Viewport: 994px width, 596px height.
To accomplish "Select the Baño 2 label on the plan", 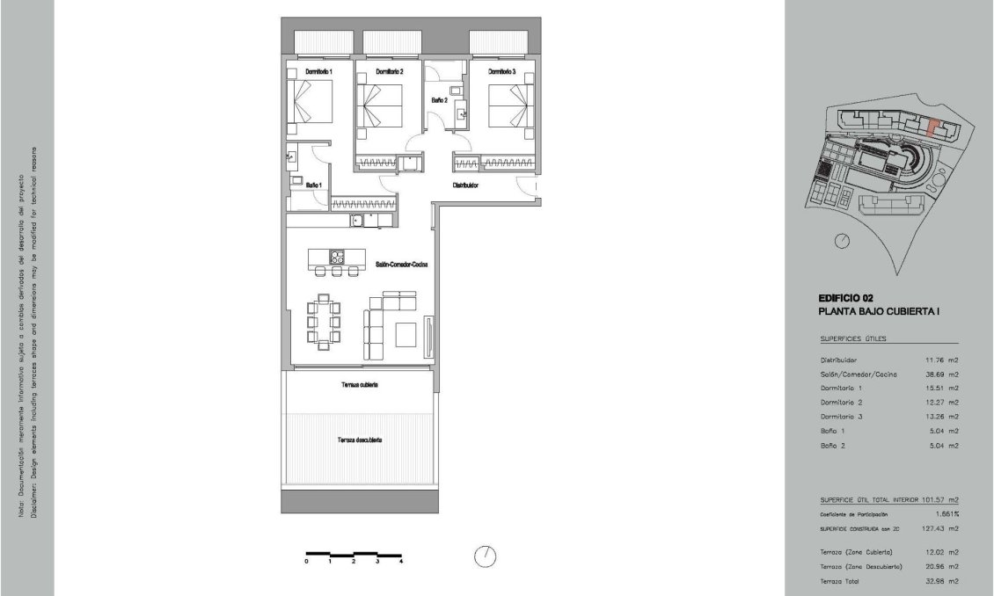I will (439, 101).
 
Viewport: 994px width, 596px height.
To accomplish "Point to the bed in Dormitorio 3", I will (509, 105).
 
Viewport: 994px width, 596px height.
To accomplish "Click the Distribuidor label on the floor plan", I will (465, 185).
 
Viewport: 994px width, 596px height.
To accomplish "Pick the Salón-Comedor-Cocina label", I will (401, 264).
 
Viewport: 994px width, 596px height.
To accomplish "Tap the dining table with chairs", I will (323, 322).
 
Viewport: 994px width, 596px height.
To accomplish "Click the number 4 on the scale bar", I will (401, 561).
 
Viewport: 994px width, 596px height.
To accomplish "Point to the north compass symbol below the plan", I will (485, 556).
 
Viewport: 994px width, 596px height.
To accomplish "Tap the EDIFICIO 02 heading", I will (845, 298).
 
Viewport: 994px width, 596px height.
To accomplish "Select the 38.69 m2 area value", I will (939, 374).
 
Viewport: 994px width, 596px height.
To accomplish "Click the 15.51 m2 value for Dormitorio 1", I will (939, 388).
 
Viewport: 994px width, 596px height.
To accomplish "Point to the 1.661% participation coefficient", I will (945, 513).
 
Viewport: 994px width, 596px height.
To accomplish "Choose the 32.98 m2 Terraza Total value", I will (939, 581).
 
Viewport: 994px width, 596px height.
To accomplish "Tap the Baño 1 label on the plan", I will (314, 185).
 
